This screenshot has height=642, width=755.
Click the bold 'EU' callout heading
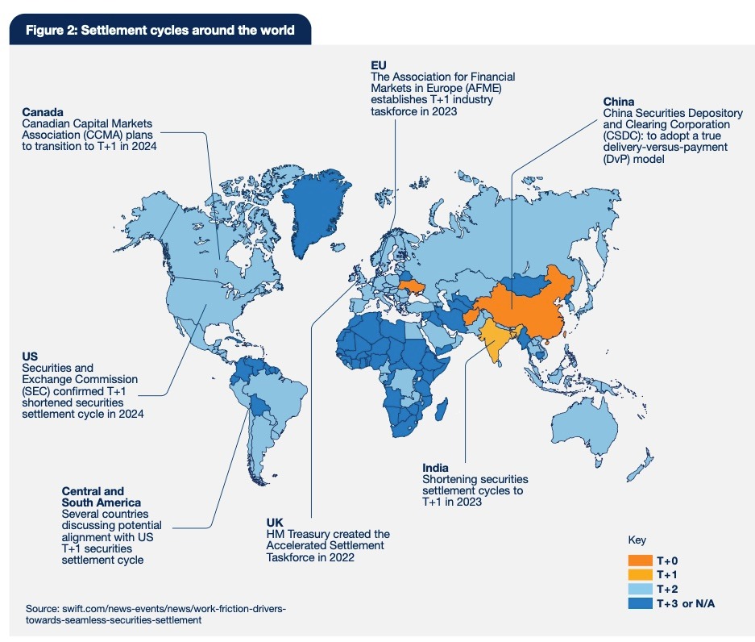[380, 65]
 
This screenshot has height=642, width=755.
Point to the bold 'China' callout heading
[619, 102]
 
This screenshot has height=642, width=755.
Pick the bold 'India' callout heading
[436, 467]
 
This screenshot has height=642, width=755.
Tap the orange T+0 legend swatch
[641, 560]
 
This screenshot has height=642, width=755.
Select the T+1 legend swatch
[641, 573]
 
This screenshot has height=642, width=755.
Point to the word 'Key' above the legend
[636, 540]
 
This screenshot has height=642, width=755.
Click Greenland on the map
[318, 210]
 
